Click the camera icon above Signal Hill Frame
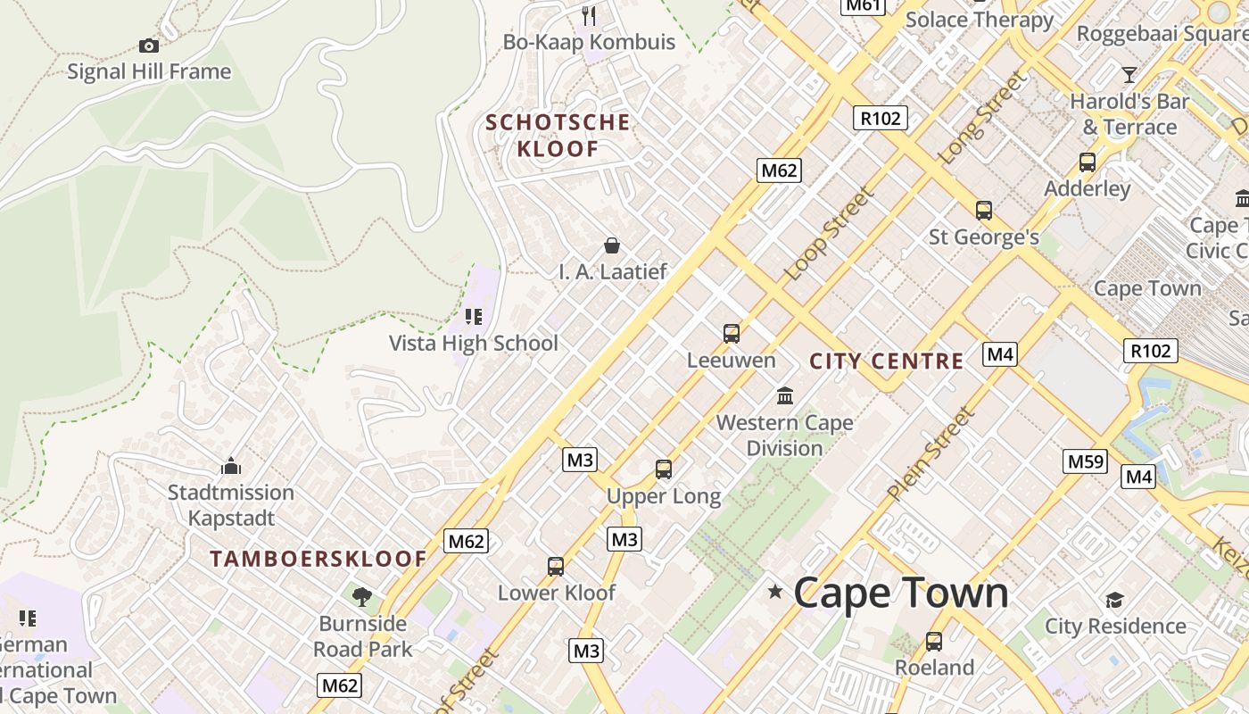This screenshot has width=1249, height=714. point(149,46)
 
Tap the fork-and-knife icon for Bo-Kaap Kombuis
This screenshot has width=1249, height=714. point(589,15)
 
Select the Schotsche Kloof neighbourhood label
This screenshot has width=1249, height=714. point(558,136)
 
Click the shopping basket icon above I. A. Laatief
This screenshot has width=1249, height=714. point(612,245)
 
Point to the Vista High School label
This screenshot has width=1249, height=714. point(473,343)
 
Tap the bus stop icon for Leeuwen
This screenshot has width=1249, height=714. point(732,334)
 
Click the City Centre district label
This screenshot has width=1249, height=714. point(886,361)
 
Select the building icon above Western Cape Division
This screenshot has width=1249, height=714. point(785,395)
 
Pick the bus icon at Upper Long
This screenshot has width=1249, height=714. point(663,469)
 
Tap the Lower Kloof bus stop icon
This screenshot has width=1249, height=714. point(555,566)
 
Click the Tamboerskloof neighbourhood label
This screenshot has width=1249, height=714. point(318,560)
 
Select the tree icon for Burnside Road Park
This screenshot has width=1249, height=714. point(361,596)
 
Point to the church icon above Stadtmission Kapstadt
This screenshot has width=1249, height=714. point(231,466)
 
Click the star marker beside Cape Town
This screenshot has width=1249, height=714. point(775,592)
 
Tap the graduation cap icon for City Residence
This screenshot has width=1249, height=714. point(1114,600)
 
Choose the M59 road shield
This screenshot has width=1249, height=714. point(1086,461)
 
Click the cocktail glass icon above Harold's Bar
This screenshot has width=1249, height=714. point(1129,74)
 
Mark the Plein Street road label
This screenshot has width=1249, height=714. point(930,453)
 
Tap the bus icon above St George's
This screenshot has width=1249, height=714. point(983,211)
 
